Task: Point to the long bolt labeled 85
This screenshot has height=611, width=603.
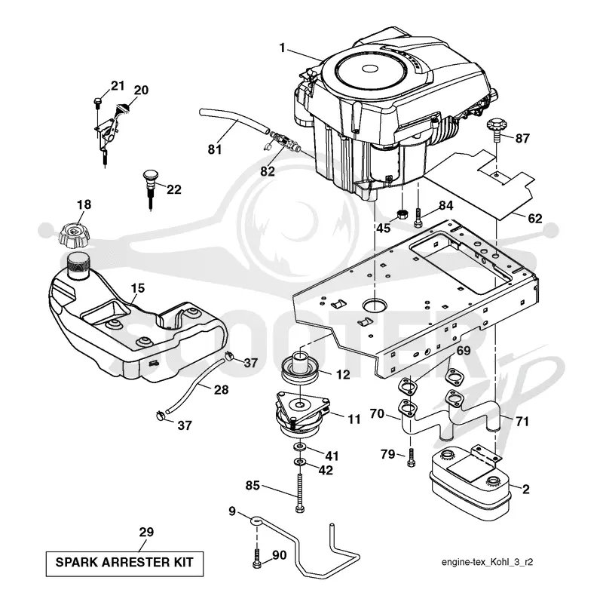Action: pos(299,493)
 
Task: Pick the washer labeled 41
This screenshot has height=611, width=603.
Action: pos(300,446)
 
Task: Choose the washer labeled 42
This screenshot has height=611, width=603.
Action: pos(300,462)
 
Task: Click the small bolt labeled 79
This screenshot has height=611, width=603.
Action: pos(411,457)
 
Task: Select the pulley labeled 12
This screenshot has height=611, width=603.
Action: pos(301,369)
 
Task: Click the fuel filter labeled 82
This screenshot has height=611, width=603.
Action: pos(286,143)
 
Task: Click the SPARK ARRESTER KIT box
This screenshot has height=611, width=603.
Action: pos(124,563)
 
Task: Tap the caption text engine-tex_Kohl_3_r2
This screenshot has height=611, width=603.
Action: pos(487,562)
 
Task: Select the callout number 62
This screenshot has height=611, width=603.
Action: pos(534,219)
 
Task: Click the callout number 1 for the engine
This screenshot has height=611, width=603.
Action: pos(282,48)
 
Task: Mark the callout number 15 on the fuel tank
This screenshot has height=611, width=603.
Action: pos(137,288)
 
